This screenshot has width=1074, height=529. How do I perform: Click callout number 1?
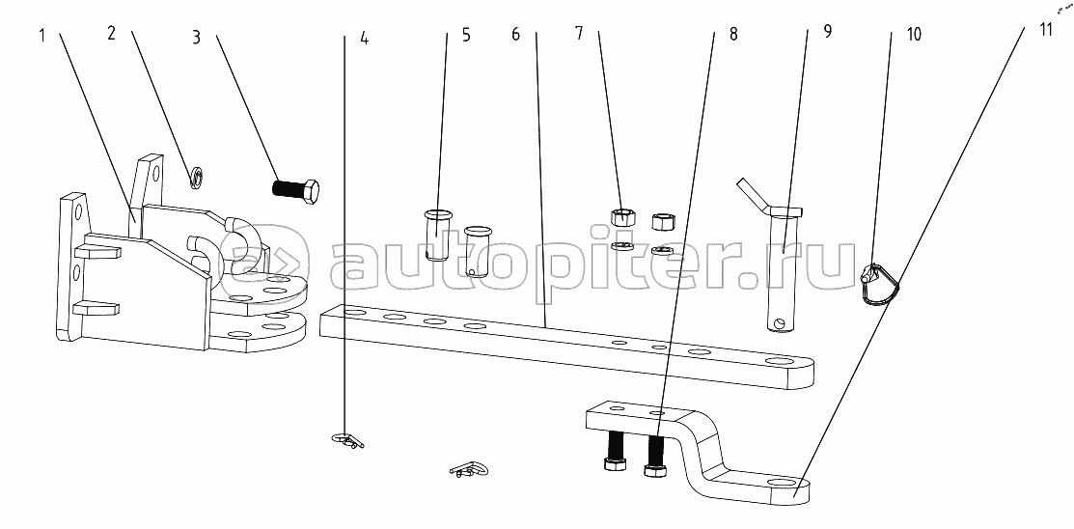(41, 34)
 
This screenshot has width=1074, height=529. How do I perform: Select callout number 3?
(197, 37)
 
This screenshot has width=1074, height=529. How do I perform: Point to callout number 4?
(365, 39)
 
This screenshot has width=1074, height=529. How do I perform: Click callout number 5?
(466, 35)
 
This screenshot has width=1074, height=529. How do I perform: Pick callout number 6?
(516, 34)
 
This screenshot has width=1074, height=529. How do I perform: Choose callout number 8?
(733, 35)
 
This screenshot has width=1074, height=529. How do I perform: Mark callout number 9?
(827, 32)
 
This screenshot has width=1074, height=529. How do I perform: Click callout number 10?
(914, 34)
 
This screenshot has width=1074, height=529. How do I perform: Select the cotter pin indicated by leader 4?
(347, 439)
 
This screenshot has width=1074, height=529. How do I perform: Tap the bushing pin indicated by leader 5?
(437, 235)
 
